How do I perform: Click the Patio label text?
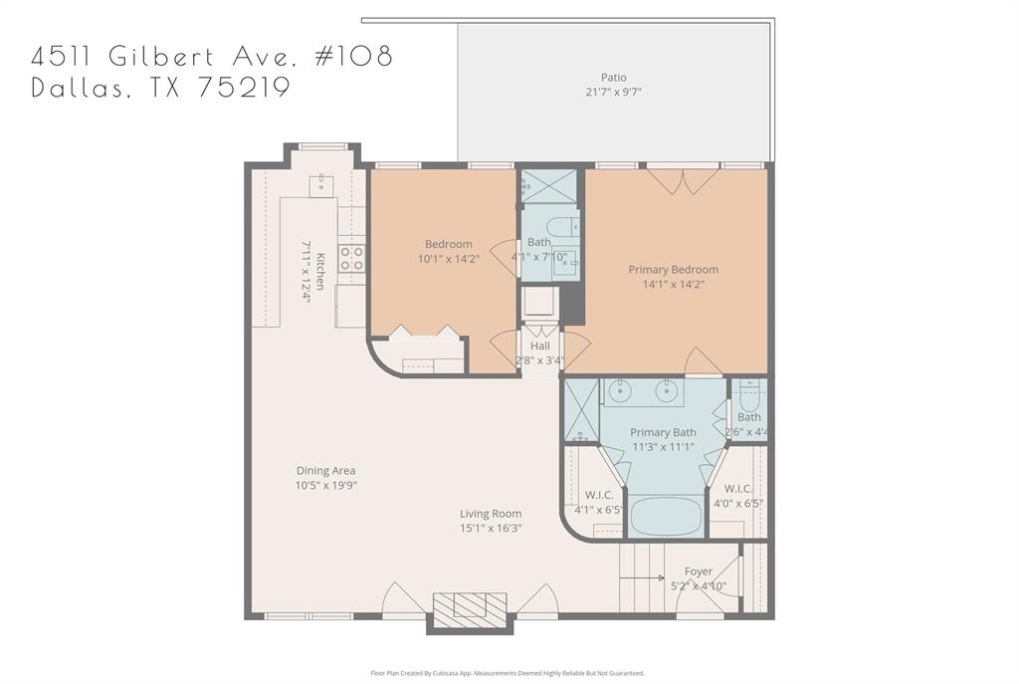click(x=614, y=78)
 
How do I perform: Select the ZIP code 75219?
click(x=243, y=88)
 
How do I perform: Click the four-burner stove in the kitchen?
click(x=351, y=258)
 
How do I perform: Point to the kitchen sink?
click(x=321, y=185)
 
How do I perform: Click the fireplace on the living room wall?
click(x=470, y=606)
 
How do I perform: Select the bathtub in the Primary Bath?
click(x=667, y=516)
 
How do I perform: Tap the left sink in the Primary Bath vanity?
click(x=619, y=391)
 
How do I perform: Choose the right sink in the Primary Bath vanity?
click(x=666, y=391)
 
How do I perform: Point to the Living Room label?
click(x=491, y=514)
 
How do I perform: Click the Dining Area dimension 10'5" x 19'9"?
click(x=325, y=486)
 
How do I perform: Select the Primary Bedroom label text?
click(x=673, y=270)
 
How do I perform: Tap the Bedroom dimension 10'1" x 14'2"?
click(x=448, y=259)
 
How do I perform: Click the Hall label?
click(x=539, y=345)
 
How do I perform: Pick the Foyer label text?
click(x=699, y=571)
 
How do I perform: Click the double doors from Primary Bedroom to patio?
click(x=683, y=180)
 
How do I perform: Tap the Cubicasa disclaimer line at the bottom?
click(x=508, y=673)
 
